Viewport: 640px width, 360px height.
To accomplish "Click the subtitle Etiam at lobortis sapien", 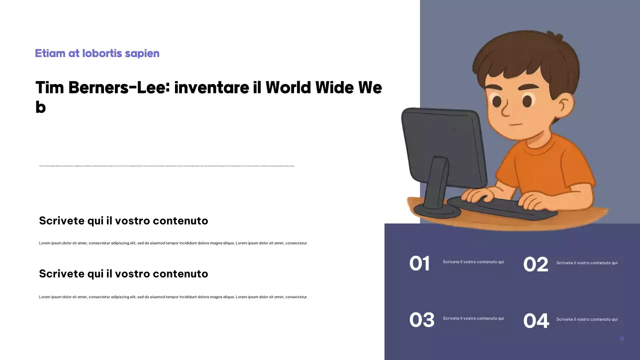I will (x=97, y=53).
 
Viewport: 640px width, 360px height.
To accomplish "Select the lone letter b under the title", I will (x=40, y=107).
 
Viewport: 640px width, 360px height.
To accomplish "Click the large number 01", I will (x=419, y=264).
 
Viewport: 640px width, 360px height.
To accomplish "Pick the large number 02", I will (x=535, y=264).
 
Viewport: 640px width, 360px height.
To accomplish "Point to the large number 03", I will (x=421, y=320).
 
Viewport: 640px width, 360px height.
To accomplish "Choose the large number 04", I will (x=536, y=321).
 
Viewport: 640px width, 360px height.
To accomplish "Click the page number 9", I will (x=621, y=339).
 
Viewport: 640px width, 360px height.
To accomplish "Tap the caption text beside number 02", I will (x=586, y=263).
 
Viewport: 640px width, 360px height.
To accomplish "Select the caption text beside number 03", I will (x=473, y=318).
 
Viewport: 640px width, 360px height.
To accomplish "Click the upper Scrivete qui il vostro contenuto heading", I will (x=123, y=221).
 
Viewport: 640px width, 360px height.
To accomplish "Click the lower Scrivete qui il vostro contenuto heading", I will (x=123, y=274).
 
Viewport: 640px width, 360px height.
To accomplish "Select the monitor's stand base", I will (x=436, y=210).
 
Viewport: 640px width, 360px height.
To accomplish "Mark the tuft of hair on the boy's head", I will (x=555, y=37).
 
